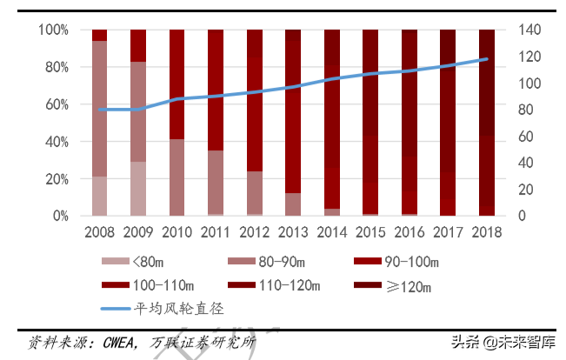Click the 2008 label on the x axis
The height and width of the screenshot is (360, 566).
click(99, 232)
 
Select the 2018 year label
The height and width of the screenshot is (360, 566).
click(487, 232)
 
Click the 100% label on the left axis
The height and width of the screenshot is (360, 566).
click(53, 30)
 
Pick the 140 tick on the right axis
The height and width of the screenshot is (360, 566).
click(530, 30)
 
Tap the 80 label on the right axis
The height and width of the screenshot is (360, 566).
click(527, 110)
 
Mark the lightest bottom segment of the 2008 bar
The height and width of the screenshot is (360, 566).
click(99, 196)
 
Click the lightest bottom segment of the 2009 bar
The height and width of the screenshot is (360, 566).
click(138, 188)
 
